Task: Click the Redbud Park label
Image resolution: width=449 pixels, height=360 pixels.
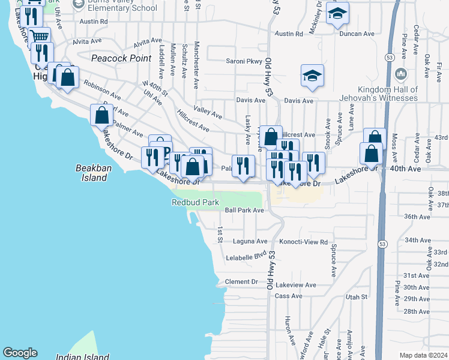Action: (x=195, y=202)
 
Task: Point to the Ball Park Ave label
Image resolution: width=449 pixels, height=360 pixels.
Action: (x=244, y=211)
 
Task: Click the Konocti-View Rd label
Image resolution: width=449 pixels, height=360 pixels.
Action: (x=307, y=242)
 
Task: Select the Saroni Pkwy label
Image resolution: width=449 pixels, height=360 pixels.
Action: (x=244, y=61)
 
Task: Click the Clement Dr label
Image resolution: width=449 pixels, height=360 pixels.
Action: (x=241, y=281)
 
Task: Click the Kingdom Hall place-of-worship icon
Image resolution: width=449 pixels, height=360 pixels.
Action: (x=402, y=75)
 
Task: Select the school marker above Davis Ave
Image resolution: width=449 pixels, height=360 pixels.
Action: (x=312, y=76)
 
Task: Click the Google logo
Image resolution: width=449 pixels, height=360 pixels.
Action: (x=20, y=353)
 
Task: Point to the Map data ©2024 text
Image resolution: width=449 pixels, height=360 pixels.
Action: (x=423, y=355)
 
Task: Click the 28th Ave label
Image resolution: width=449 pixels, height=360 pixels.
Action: (x=417, y=311)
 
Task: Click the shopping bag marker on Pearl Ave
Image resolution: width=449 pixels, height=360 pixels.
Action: (x=101, y=114)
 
